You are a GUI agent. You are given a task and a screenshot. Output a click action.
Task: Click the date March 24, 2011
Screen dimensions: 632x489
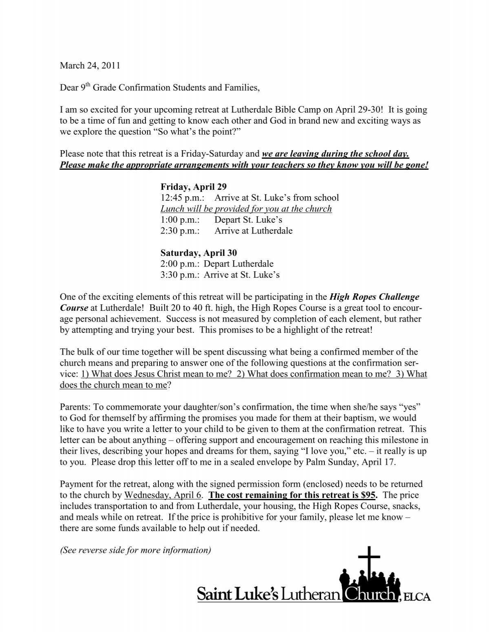click(x=90, y=65)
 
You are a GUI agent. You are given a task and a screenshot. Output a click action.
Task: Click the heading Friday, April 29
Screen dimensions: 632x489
click(x=193, y=187)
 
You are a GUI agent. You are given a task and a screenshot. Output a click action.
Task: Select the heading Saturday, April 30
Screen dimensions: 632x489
click(x=198, y=253)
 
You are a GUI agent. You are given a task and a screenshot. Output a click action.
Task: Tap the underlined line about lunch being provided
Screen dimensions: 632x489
click(x=246, y=209)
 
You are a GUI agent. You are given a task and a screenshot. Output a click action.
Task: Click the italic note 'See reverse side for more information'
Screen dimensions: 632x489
click(x=135, y=550)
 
